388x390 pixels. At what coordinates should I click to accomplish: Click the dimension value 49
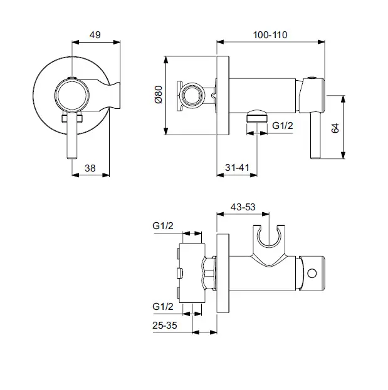coord(95,35)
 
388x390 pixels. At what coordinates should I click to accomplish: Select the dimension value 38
coord(90,167)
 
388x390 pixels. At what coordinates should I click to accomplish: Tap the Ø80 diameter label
coord(158,95)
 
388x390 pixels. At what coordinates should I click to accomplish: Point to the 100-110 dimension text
coord(270,35)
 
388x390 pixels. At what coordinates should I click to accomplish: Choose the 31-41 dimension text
coord(236,167)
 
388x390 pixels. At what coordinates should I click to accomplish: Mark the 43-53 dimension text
coord(243,206)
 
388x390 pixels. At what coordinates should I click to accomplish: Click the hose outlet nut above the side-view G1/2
coord(256,115)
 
